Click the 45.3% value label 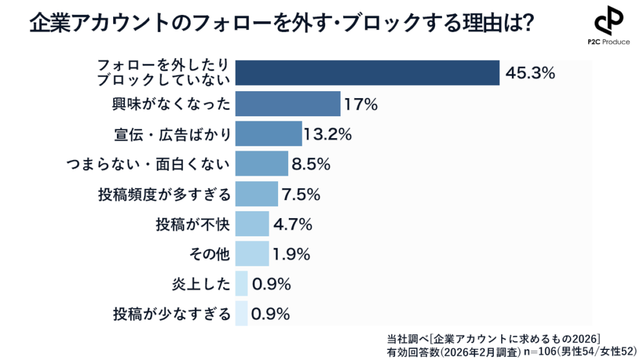[x=529, y=74]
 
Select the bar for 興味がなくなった [x=288, y=104]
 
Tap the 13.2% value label [x=327, y=134]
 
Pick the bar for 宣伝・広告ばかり [x=269, y=134]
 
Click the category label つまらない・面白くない [x=148, y=164]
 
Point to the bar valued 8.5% [x=262, y=164]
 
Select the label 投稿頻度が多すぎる [x=164, y=195]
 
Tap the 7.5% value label [x=301, y=195]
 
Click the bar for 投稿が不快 [x=252, y=224]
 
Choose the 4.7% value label [x=292, y=224]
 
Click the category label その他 [x=209, y=254]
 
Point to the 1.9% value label [x=292, y=254]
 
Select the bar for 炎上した [x=242, y=284]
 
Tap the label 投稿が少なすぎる [x=171, y=314]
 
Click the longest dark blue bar [x=367, y=73]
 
